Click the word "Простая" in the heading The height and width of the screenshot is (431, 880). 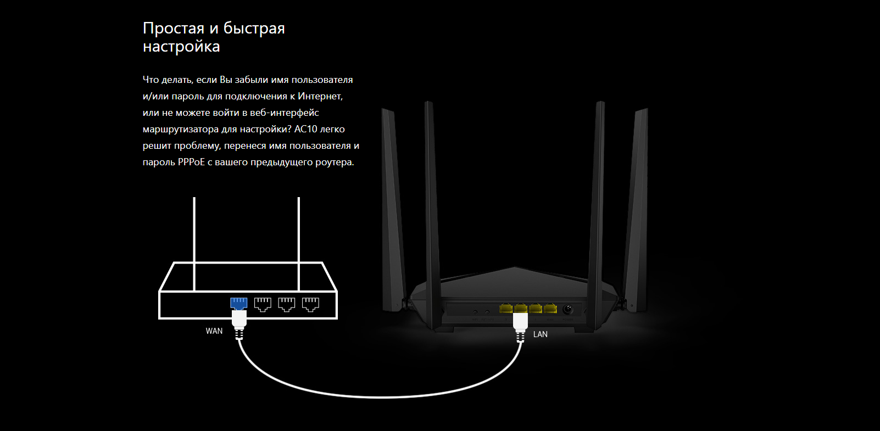[x=174, y=28]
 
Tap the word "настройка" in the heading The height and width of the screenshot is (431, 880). [x=181, y=47]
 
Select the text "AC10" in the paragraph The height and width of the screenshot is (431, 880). [x=306, y=129]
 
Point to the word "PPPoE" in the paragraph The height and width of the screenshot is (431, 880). [x=191, y=162]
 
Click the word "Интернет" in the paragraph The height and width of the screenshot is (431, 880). [x=320, y=96]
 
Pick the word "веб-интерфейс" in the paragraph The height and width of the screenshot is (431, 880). [x=284, y=113]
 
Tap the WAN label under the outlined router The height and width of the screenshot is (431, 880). [x=214, y=331]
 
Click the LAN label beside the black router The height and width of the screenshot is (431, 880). [x=540, y=334]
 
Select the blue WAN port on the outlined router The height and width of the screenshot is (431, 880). [x=238, y=303]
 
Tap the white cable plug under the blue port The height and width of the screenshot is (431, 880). [x=239, y=319]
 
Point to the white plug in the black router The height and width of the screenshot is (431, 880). [x=520, y=321]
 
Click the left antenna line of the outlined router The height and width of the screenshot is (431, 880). [x=194, y=242]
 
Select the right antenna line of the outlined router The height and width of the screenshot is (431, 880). [x=298, y=242]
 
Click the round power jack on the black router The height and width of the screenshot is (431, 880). [x=567, y=309]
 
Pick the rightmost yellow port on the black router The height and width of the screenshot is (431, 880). [x=550, y=309]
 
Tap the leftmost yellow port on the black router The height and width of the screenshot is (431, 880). [x=506, y=309]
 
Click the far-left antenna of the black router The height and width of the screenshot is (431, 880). [x=392, y=209]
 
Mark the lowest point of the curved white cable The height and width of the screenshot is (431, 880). [x=382, y=397]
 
